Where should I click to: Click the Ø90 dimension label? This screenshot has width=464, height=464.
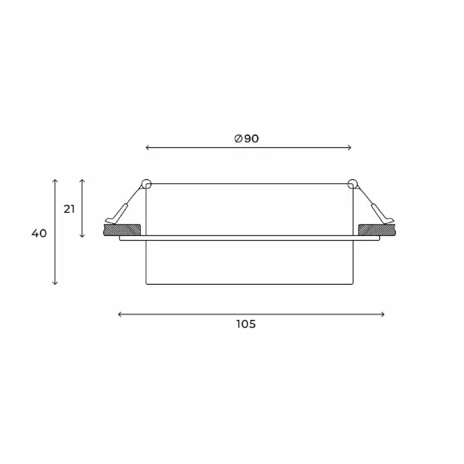[246, 138]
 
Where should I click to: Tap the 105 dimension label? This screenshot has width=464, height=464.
[246, 324]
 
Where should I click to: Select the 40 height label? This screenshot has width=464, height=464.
[39, 234]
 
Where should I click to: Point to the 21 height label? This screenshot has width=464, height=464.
[70, 210]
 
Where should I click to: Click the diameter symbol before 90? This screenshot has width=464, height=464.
[238, 138]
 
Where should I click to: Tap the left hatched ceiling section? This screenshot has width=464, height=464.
[122, 230]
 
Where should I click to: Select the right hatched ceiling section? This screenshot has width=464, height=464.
[377, 230]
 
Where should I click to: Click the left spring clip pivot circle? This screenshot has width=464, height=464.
[146, 184]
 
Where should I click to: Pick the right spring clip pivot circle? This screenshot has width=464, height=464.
[353, 184]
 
